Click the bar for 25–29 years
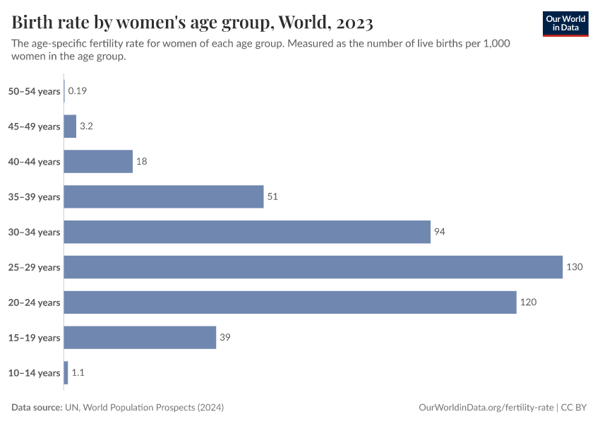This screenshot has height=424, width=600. point(313,267)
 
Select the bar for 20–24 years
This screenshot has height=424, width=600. point(290,302)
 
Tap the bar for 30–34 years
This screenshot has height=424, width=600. point(247,232)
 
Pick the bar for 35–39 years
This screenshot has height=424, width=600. point(164,196)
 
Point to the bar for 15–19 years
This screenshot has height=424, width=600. point(140,338)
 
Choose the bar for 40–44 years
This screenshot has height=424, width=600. point(98,161)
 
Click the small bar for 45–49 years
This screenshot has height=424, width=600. point(70,126)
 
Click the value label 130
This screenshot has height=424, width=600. point(575,267)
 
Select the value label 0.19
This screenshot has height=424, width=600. point(77,91)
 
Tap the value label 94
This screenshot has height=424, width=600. point(440,232)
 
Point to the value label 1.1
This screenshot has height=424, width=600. point(78,373)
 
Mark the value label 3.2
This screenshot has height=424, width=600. point(87,126)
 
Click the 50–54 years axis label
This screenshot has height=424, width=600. point(34,91)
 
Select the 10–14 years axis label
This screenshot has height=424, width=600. point(34,373)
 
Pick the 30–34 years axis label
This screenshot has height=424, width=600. point(34,232)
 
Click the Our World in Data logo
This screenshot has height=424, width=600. point(565,23)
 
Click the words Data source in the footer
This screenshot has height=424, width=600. point(37,408)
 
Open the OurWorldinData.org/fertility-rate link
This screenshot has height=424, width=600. point(486,408)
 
